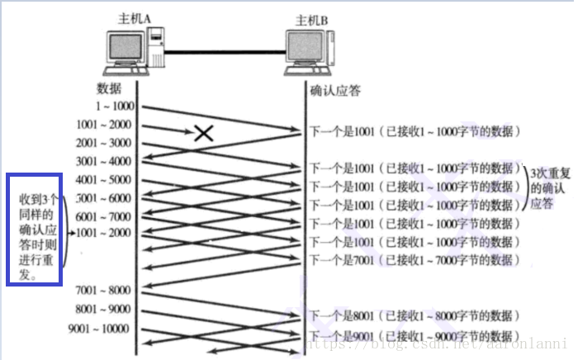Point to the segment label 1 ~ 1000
(113, 107)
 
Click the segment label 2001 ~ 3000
(102, 143)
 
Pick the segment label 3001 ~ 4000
(102, 161)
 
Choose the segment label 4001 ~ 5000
(102, 179)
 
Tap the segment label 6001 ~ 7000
(102, 216)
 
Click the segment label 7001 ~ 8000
(102, 290)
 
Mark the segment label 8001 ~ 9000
(102, 310)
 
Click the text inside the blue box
(34, 229)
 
